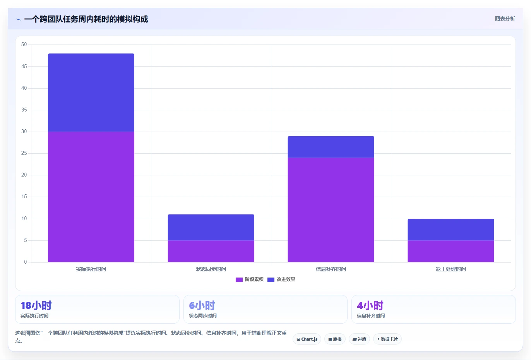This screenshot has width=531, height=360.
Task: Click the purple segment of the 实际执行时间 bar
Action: click(91, 197)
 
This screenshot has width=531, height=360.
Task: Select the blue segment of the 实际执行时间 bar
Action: click(91, 93)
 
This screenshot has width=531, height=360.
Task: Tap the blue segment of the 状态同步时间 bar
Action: click(211, 228)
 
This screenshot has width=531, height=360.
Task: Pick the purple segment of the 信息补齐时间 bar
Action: click(331, 210)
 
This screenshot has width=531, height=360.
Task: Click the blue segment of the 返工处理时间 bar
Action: click(451, 230)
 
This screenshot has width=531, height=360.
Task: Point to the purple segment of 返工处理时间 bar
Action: click(451, 251)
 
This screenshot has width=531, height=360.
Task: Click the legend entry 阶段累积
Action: click(250, 279)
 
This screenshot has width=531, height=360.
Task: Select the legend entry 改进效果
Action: click(281, 279)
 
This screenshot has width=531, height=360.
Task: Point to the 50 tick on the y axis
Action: click(24, 45)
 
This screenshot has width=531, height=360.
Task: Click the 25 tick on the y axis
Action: click(24, 153)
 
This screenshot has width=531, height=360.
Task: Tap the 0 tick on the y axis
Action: click(26, 262)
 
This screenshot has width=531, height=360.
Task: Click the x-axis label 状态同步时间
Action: click(211, 269)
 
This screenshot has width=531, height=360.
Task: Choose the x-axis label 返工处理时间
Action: click(451, 269)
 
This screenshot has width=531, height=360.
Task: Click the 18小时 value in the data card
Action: click(36, 305)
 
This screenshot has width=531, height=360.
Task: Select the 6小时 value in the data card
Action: click(202, 305)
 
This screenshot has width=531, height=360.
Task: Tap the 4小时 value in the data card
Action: click(370, 305)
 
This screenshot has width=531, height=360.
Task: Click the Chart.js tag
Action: click(307, 339)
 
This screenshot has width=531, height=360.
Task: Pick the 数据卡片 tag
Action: click(387, 339)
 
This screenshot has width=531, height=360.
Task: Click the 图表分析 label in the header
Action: click(505, 19)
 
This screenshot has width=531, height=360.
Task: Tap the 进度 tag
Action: click(360, 339)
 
